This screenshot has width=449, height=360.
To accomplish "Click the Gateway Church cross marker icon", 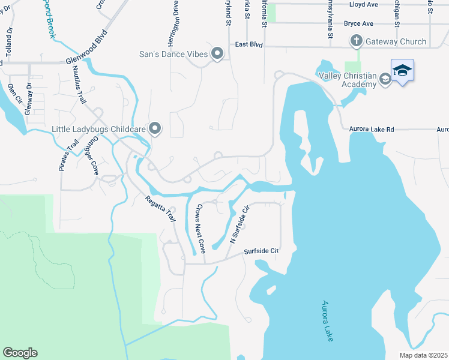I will pos(356,41).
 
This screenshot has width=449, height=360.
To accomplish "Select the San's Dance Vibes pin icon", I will pos(217,54).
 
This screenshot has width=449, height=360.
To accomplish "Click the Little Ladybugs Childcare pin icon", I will pos(155,128).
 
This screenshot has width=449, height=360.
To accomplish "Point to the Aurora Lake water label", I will pos(328,321).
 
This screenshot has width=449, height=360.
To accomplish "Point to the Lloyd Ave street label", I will pos(364,4).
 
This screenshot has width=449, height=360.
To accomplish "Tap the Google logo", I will pos(20,353).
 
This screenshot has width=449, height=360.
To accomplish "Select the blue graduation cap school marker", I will pos(402,70).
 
